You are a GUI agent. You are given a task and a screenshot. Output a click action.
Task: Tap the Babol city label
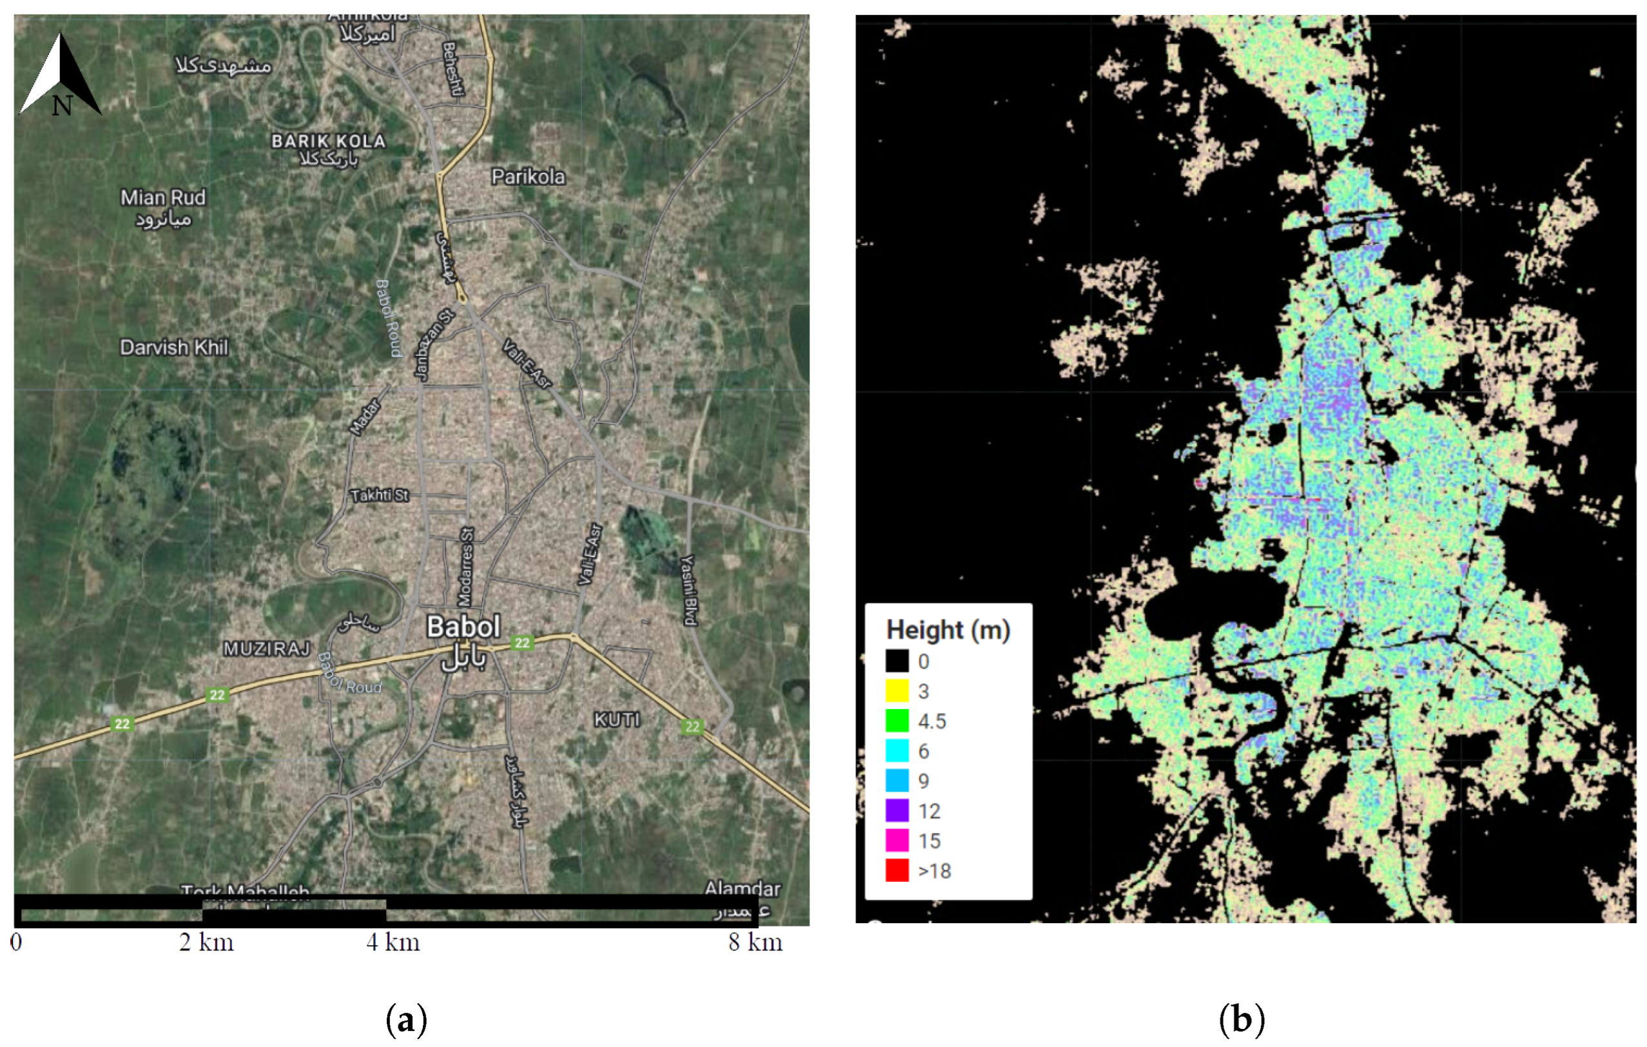tap(463, 627)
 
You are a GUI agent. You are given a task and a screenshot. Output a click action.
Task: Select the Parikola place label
tap(528, 177)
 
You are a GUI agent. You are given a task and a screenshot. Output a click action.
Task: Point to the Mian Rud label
tap(163, 199)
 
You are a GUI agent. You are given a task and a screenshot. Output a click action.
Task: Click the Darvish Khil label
tap(174, 347)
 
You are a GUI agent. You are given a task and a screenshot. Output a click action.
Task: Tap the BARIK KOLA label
tap(328, 142)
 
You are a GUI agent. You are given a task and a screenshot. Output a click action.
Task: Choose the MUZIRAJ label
tap(266, 649)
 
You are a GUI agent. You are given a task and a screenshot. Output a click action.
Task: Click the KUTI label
tap(616, 719)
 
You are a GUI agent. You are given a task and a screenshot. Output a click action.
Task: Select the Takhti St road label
tap(380, 495)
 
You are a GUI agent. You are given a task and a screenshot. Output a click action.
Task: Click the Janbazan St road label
tap(434, 345)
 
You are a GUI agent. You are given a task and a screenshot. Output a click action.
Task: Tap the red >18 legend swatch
tap(897, 870)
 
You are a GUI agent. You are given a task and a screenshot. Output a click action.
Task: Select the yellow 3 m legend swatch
tap(897, 690)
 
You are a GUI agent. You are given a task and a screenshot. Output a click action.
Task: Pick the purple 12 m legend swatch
tap(897, 810)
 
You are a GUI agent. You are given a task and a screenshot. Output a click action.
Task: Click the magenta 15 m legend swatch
tap(897, 841)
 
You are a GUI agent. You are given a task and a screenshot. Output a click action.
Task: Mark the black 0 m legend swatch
tap(897, 661)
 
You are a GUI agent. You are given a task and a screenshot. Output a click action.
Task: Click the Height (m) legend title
tap(948, 629)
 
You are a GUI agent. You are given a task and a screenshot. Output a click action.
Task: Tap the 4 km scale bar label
tap(393, 943)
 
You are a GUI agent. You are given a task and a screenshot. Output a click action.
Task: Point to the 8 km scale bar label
tap(755, 943)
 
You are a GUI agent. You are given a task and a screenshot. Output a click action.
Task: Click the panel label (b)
tap(1241, 1020)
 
